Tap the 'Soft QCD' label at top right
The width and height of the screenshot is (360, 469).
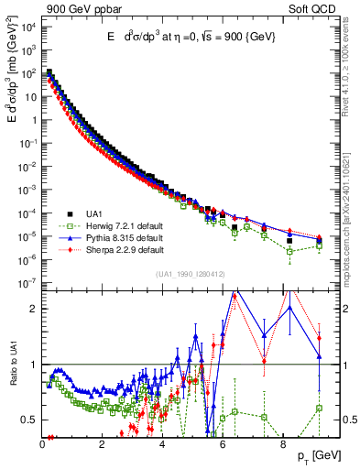tap(318, 7)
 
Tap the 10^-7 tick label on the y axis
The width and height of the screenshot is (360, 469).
tap(28, 283)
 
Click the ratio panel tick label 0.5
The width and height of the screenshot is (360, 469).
tap(29, 420)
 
